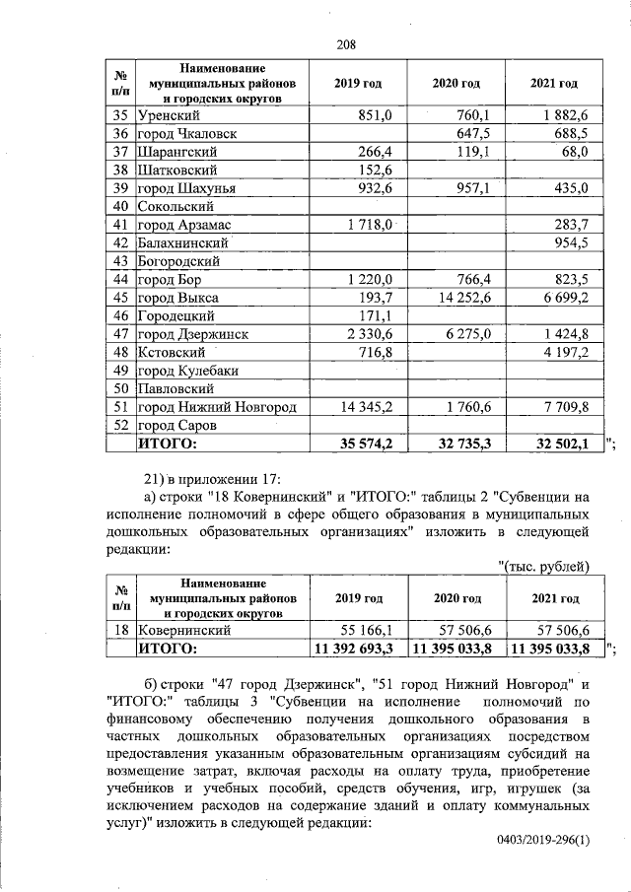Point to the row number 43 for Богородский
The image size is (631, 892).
tap(121, 260)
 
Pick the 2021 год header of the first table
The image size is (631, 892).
tap(553, 84)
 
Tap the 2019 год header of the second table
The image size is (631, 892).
tap(357, 598)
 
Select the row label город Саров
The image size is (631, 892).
tap(176, 424)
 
